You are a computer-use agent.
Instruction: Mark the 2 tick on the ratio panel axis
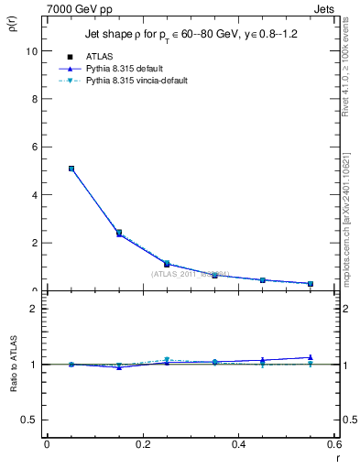coord(33,310)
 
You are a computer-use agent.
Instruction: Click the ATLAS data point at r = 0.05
coord(71,169)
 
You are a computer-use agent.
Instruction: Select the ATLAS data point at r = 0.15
coord(118,233)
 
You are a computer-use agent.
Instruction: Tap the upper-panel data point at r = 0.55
coord(311,284)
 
